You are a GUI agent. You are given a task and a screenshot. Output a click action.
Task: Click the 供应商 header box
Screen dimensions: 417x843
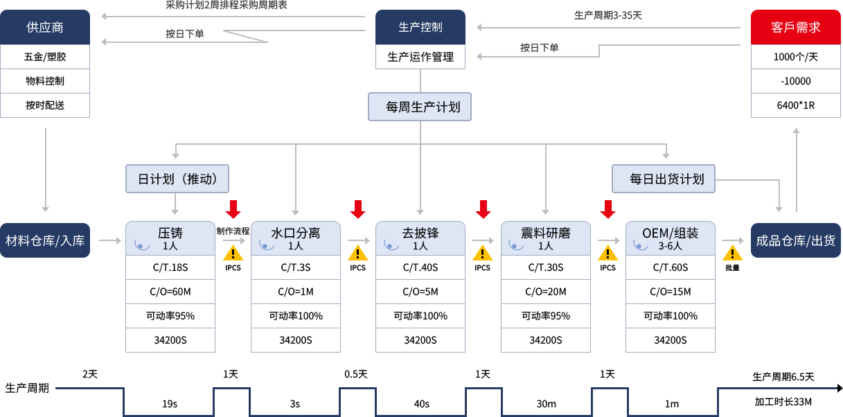(x=45, y=26)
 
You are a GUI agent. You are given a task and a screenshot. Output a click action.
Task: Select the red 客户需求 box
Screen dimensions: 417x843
(x=795, y=26)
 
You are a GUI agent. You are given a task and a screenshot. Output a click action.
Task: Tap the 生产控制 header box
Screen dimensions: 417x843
(x=420, y=26)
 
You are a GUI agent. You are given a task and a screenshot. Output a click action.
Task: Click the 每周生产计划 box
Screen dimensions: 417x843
(x=419, y=107)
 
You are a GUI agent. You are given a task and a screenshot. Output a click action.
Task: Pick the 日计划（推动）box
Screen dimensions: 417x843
(x=177, y=179)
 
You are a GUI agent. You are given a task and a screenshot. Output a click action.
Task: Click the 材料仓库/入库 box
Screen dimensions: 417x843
(x=45, y=240)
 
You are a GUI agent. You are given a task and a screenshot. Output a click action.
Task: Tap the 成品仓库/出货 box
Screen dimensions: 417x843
(x=795, y=240)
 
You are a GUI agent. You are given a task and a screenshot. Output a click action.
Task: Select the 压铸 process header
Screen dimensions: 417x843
(x=170, y=238)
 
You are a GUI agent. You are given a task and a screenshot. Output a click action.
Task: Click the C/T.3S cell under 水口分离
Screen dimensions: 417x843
(x=295, y=267)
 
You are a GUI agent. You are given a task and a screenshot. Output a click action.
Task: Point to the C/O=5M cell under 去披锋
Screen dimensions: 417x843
(x=420, y=292)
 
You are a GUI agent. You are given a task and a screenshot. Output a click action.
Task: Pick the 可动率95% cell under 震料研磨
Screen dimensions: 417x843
(x=545, y=316)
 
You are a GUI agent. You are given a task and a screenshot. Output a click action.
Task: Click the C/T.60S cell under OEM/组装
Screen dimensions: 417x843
(x=670, y=267)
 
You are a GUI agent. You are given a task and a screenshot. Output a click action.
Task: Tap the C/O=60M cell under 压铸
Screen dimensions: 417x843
(x=170, y=292)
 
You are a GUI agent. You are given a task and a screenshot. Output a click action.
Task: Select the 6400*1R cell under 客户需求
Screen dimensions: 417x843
(x=795, y=105)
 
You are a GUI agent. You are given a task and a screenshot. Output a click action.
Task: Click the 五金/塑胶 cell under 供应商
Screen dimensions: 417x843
(x=45, y=57)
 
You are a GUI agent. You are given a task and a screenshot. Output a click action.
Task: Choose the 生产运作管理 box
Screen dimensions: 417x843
(x=420, y=57)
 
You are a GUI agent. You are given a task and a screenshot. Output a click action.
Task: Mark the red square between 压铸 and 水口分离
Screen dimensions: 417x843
(x=233, y=208)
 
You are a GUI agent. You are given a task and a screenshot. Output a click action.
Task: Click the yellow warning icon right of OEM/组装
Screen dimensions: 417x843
(x=732, y=253)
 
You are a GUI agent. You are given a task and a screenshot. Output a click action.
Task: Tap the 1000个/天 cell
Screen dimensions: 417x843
(x=795, y=57)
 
